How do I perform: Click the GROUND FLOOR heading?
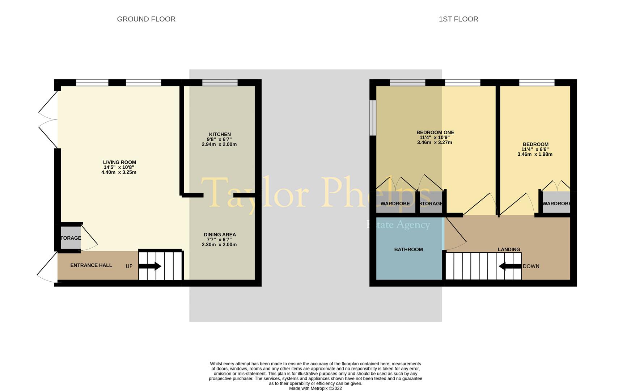click(x=146, y=19)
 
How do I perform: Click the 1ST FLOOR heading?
click(x=458, y=19)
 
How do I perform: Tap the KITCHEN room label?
click(x=220, y=134)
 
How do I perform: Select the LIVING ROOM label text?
click(x=119, y=163)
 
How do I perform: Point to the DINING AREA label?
click(x=220, y=235)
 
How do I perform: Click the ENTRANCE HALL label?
click(x=91, y=265)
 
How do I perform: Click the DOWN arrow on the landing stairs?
click(x=510, y=266)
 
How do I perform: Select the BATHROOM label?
click(x=408, y=249)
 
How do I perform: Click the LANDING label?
click(x=509, y=249)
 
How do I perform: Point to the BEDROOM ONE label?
click(x=435, y=133)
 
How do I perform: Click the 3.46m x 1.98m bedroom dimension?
click(x=535, y=154)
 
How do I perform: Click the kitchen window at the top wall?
click(x=220, y=83)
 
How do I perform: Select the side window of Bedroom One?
click(x=373, y=118)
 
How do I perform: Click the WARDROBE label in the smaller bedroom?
click(x=556, y=204)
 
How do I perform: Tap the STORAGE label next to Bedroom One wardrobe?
click(x=431, y=204)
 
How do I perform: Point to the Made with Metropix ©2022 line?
click(x=315, y=388)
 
